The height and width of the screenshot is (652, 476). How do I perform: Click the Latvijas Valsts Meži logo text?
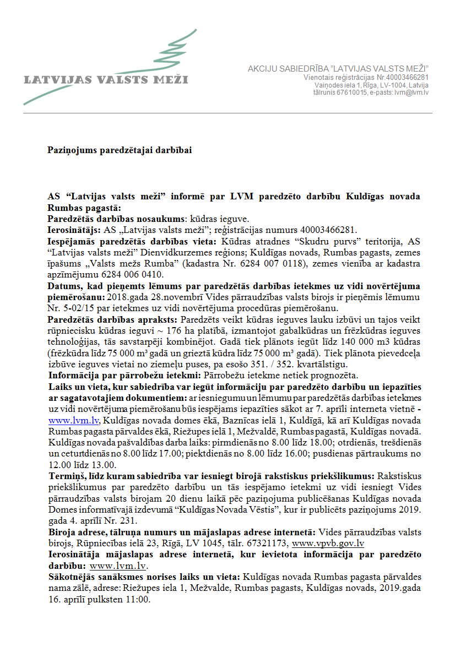(x=106, y=79)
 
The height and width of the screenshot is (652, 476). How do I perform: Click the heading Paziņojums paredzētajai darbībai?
(x=120, y=150)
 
